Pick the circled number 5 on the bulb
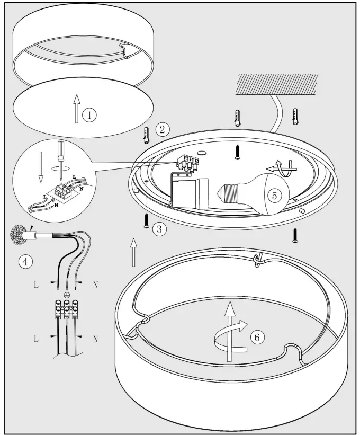click(x=274, y=195)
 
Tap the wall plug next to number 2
click(x=146, y=135)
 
